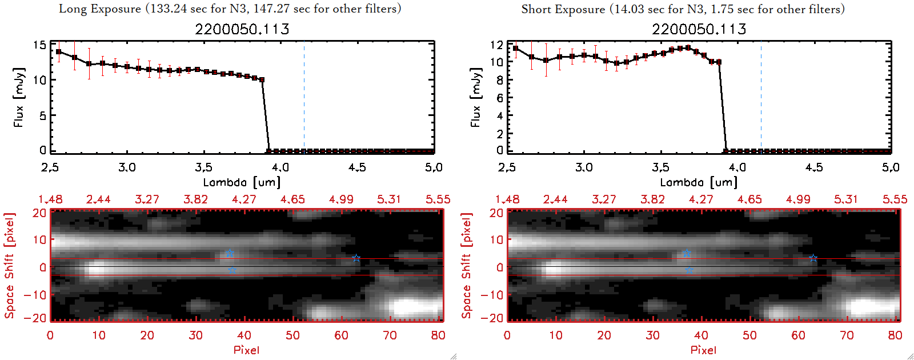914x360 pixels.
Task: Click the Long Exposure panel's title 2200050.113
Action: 242,29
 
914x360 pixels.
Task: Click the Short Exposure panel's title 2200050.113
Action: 699,29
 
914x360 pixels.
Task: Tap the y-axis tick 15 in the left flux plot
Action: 39,45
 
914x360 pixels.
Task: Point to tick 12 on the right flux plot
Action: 496,45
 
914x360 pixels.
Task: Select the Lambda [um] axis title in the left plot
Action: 242,182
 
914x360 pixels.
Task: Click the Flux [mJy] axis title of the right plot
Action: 476,97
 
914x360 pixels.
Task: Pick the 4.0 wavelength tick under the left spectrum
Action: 280,167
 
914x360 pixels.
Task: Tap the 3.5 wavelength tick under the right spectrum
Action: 660,167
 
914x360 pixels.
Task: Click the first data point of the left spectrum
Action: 59,52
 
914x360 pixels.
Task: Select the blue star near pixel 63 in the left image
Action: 356,258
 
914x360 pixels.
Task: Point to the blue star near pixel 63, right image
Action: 813,258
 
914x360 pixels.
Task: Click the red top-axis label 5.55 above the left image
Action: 438,199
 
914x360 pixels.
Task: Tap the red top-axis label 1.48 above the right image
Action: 507,199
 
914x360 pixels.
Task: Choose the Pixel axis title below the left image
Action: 246,350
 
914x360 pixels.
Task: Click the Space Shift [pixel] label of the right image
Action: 467,266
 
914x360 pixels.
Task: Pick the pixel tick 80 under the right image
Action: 895,335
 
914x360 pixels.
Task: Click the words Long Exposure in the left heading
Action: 100,9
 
